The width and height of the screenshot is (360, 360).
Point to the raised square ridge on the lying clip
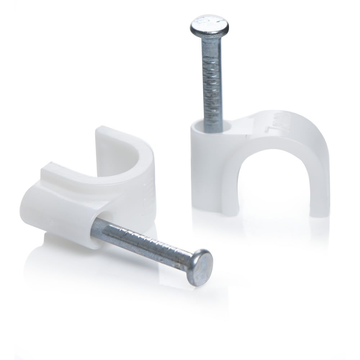click(x=58, y=173)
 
